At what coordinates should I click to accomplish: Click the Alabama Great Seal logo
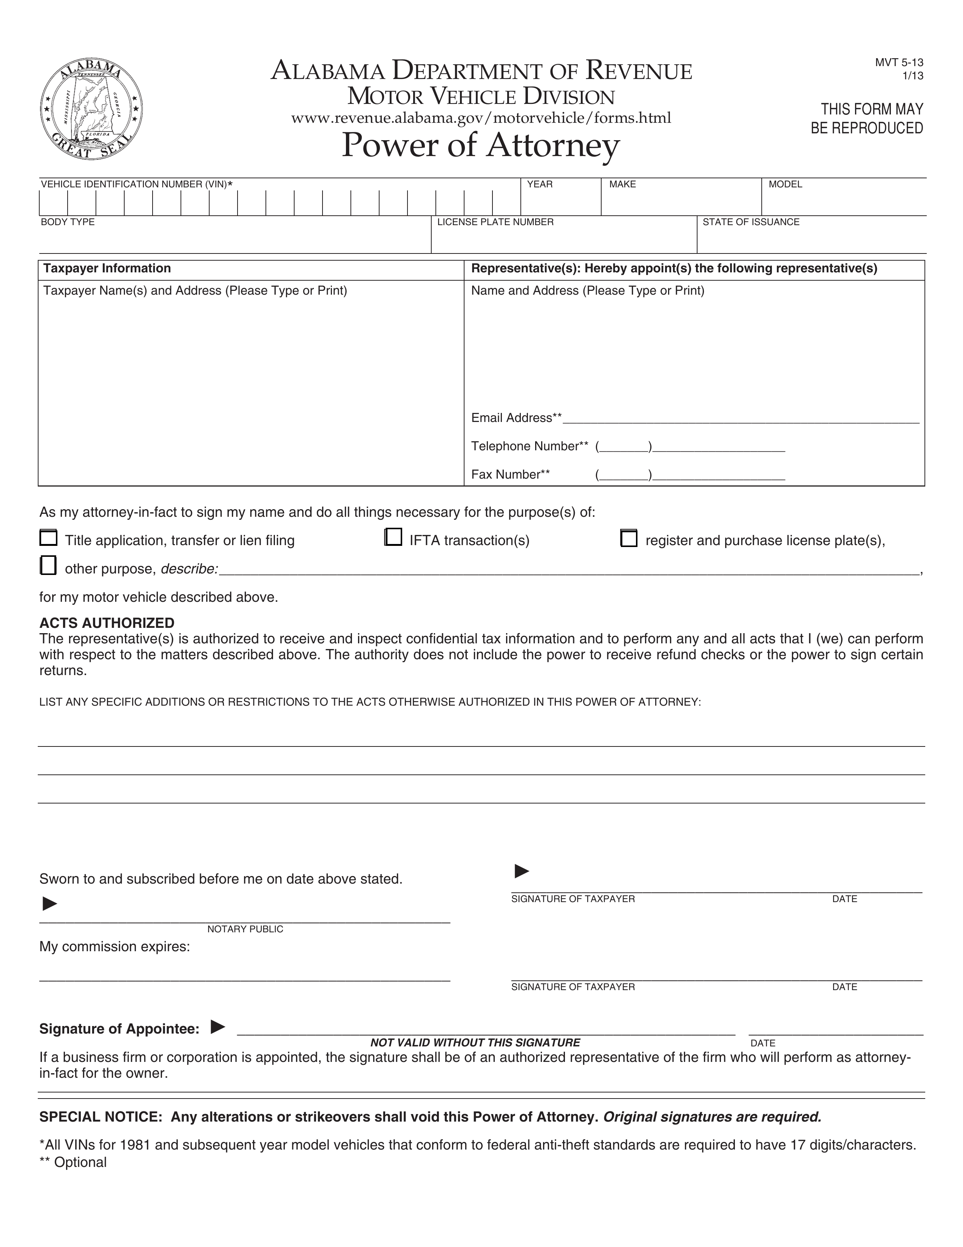91,108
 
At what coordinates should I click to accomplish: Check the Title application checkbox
48,538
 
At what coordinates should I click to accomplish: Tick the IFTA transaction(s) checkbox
393,537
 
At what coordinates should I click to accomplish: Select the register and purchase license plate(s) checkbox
628,538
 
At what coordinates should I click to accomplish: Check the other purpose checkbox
48,565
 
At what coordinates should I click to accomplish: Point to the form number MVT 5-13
899,63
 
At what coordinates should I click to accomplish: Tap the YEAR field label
539,184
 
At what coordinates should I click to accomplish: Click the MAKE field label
622,184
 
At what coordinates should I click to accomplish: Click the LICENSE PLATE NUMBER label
495,222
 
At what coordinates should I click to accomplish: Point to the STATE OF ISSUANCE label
751,222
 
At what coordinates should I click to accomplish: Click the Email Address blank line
740,419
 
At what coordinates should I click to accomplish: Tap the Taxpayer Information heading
107,268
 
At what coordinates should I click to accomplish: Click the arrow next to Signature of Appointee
218,1027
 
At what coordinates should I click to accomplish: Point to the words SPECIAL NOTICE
100,1117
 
